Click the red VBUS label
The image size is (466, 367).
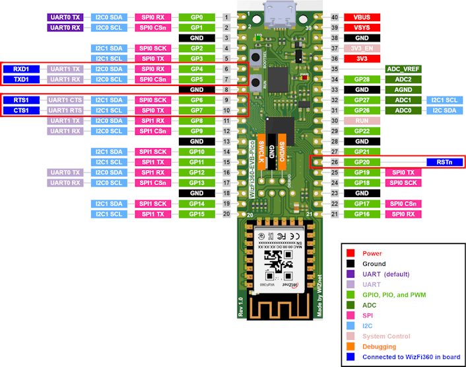point(362,17)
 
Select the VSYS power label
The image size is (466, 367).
point(362,28)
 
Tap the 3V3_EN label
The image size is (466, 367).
point(362,48)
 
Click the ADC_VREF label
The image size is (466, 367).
point(403,69)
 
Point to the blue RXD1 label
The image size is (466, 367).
point(22,69)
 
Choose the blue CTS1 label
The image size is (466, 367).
point(22,110)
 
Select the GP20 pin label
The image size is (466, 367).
point(362,161)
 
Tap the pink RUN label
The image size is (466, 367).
point(362,120)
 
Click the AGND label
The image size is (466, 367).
point(403,89)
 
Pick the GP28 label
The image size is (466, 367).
point(362,79)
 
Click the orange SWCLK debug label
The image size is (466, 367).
point(261,153)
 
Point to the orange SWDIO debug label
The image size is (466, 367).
point(282,153)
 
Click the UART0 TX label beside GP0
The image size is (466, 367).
point(65,17)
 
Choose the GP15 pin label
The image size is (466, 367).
point(196,214)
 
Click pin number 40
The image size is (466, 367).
point(335,17)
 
